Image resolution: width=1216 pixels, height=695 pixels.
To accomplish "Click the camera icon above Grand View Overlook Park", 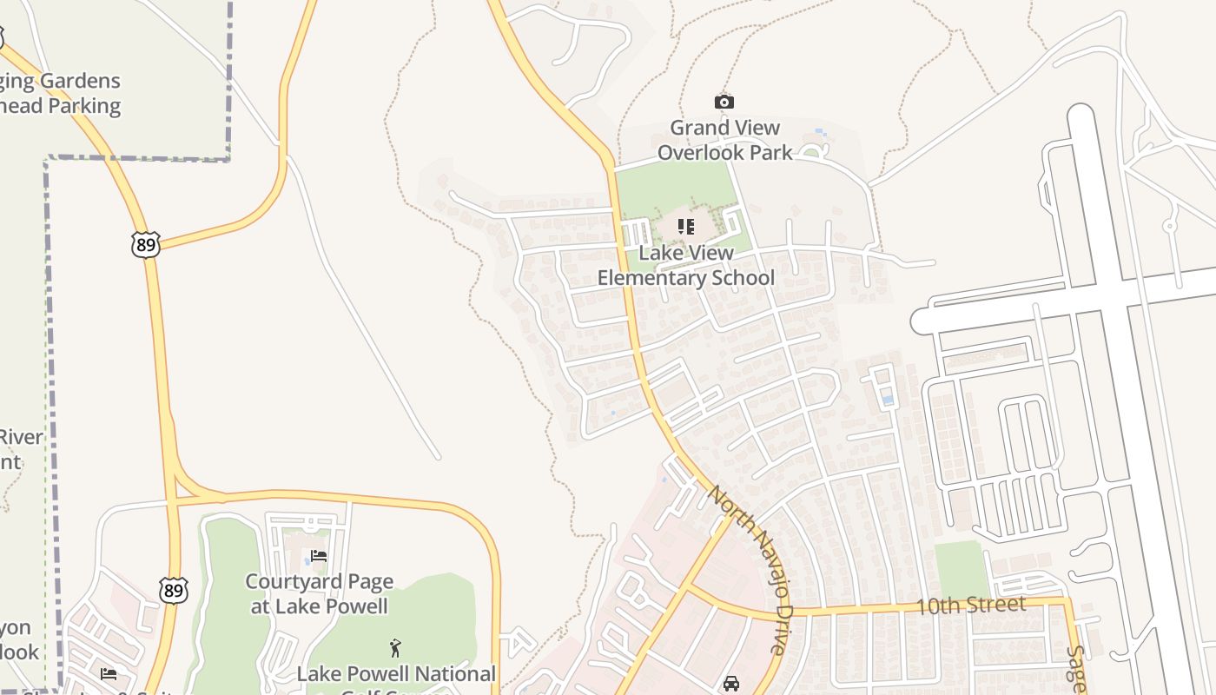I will [724, 103].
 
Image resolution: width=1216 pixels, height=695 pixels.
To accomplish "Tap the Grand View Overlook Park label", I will [724, 140].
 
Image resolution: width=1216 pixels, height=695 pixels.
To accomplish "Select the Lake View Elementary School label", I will [685, 266].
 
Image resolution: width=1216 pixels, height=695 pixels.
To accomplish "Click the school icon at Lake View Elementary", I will [686, 227].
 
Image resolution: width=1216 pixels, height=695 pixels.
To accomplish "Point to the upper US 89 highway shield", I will [146, 245].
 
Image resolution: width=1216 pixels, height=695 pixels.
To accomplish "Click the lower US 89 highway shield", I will [174, 590].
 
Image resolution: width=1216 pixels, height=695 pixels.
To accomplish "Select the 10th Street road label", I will [971, 606].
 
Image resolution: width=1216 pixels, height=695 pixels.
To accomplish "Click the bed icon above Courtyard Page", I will [319, 555].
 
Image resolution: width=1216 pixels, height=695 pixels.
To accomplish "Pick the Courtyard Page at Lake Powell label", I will [319, 594].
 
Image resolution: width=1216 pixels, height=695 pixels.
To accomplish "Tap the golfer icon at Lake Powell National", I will [395, 648].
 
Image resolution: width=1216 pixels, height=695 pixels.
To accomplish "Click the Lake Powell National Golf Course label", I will [396, 675].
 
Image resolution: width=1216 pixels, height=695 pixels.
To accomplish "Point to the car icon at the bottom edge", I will [731, 684].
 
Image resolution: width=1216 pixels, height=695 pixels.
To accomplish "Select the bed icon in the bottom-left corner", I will [108, 673].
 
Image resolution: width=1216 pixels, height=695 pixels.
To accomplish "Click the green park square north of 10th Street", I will [961, 568].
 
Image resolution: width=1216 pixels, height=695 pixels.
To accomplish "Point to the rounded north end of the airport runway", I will [1081, 117].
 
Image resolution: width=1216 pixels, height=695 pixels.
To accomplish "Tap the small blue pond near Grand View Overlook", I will [819, 133].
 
